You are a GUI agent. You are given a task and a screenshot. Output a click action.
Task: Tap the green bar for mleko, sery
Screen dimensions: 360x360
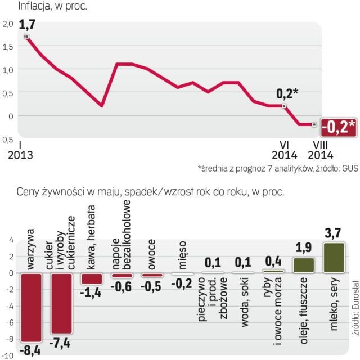click(x=334, y=258)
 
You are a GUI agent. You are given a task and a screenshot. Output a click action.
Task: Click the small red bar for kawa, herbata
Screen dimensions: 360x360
click(x=92, y=278)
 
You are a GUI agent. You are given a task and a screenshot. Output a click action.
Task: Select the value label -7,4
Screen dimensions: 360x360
click(x=61, y=344)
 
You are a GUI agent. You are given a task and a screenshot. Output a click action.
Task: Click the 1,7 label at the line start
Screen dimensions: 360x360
click(x=26, y=25)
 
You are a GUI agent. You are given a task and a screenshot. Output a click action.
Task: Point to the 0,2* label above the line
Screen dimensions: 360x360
click(x=287, y=93)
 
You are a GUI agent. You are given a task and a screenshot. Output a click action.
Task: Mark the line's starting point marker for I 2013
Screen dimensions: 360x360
click(x=26, y=37)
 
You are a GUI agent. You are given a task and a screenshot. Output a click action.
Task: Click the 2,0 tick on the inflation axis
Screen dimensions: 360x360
click(x=8, y=24)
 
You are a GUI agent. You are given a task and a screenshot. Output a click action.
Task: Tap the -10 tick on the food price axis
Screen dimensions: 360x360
click(x=8, y=355)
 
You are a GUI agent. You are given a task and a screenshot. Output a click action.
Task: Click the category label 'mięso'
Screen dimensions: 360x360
click(x=183, y=254)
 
